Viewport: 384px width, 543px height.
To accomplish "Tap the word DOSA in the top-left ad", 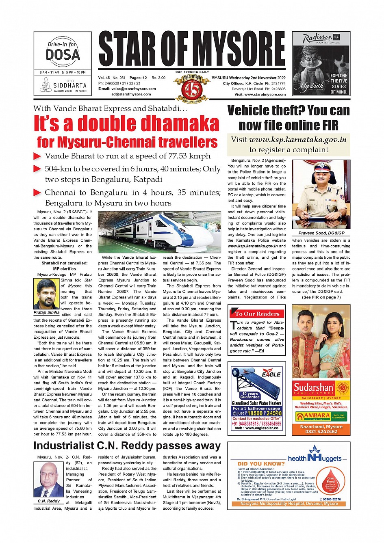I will click(63, 55).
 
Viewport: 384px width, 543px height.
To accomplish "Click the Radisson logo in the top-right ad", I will click(318, 39).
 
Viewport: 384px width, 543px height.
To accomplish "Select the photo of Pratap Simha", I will click(46, 294).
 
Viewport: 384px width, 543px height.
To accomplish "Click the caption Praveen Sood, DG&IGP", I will click(321, 233).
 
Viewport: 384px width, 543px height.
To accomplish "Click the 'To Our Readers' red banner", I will click(257, 314).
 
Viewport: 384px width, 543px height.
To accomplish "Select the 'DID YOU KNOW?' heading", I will click(261, 463).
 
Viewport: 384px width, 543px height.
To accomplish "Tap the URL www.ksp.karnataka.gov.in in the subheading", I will click(297, 140).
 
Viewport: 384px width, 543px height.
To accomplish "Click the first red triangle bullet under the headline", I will click(37, 156).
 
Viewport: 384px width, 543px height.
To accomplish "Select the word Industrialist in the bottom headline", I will click(63, 446).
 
